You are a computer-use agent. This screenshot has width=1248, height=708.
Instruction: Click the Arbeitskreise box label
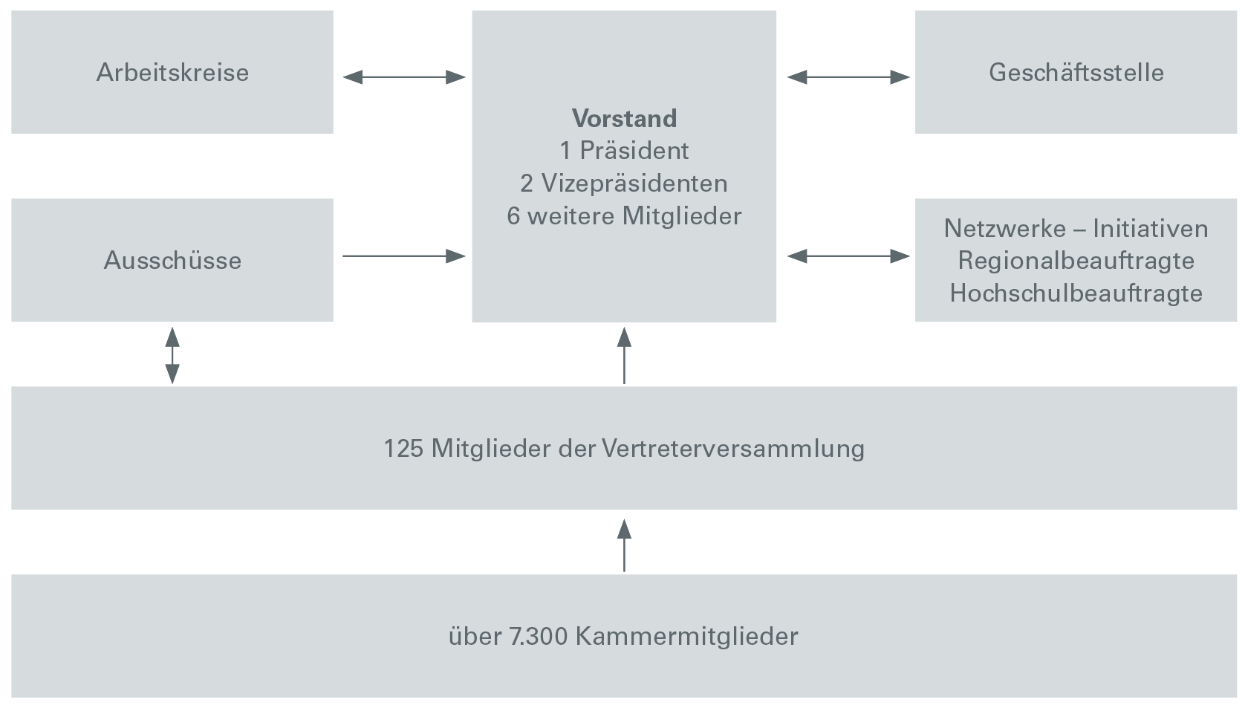tap(172, 72)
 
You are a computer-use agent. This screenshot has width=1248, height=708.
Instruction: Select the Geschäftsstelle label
tap(1076, 72)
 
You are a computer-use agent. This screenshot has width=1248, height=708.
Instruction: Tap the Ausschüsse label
tap(172, 260)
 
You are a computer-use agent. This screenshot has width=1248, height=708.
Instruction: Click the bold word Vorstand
tap(624, 118)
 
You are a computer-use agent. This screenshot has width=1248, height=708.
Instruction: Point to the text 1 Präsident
tap(624, 150)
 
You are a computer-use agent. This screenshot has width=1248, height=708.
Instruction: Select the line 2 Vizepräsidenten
tap(624, 184)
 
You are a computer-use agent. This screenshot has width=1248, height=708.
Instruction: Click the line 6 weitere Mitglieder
tap(624, 215)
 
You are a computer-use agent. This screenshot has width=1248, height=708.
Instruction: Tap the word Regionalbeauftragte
tap(1076, 260)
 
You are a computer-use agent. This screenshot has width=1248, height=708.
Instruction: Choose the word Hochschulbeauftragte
tap(1076, 293)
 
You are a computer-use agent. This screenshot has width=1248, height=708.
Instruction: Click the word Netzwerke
tap(1005, 228)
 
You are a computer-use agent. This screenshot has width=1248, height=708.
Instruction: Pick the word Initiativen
tap(1151, 228)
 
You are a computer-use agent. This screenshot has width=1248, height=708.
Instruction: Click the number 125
tap(403, 449)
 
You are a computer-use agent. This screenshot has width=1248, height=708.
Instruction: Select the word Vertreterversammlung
tap(733, 449)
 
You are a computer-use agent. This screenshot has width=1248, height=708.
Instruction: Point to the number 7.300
tap(539, 636)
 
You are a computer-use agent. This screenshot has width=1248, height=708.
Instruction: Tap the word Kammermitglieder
tap(686, 636)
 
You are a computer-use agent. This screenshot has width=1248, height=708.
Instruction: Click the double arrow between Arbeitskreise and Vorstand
tap(404, 77)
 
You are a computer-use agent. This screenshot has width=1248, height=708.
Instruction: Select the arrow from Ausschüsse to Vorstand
tap(404, 256)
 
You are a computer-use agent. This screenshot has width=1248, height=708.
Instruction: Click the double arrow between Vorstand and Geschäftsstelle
tap(848, 77)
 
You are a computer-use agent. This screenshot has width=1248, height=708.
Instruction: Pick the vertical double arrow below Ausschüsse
tap(172, 355)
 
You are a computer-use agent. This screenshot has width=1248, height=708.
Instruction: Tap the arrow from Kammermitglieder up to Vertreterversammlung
tap(624, 545)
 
